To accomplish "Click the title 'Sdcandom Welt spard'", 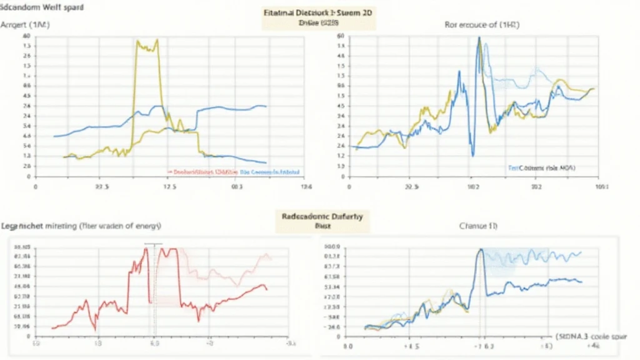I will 43,9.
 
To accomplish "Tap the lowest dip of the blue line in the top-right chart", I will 473,155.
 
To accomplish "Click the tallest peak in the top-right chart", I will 479,38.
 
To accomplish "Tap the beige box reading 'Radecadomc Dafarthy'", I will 322,219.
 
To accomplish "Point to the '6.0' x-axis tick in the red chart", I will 154,343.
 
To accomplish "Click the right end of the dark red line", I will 267,289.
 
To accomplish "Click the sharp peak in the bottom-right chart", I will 481,249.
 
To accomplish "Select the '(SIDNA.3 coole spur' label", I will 591,336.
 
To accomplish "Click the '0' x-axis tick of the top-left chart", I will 36,186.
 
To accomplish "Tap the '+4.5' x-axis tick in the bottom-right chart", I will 411,344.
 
